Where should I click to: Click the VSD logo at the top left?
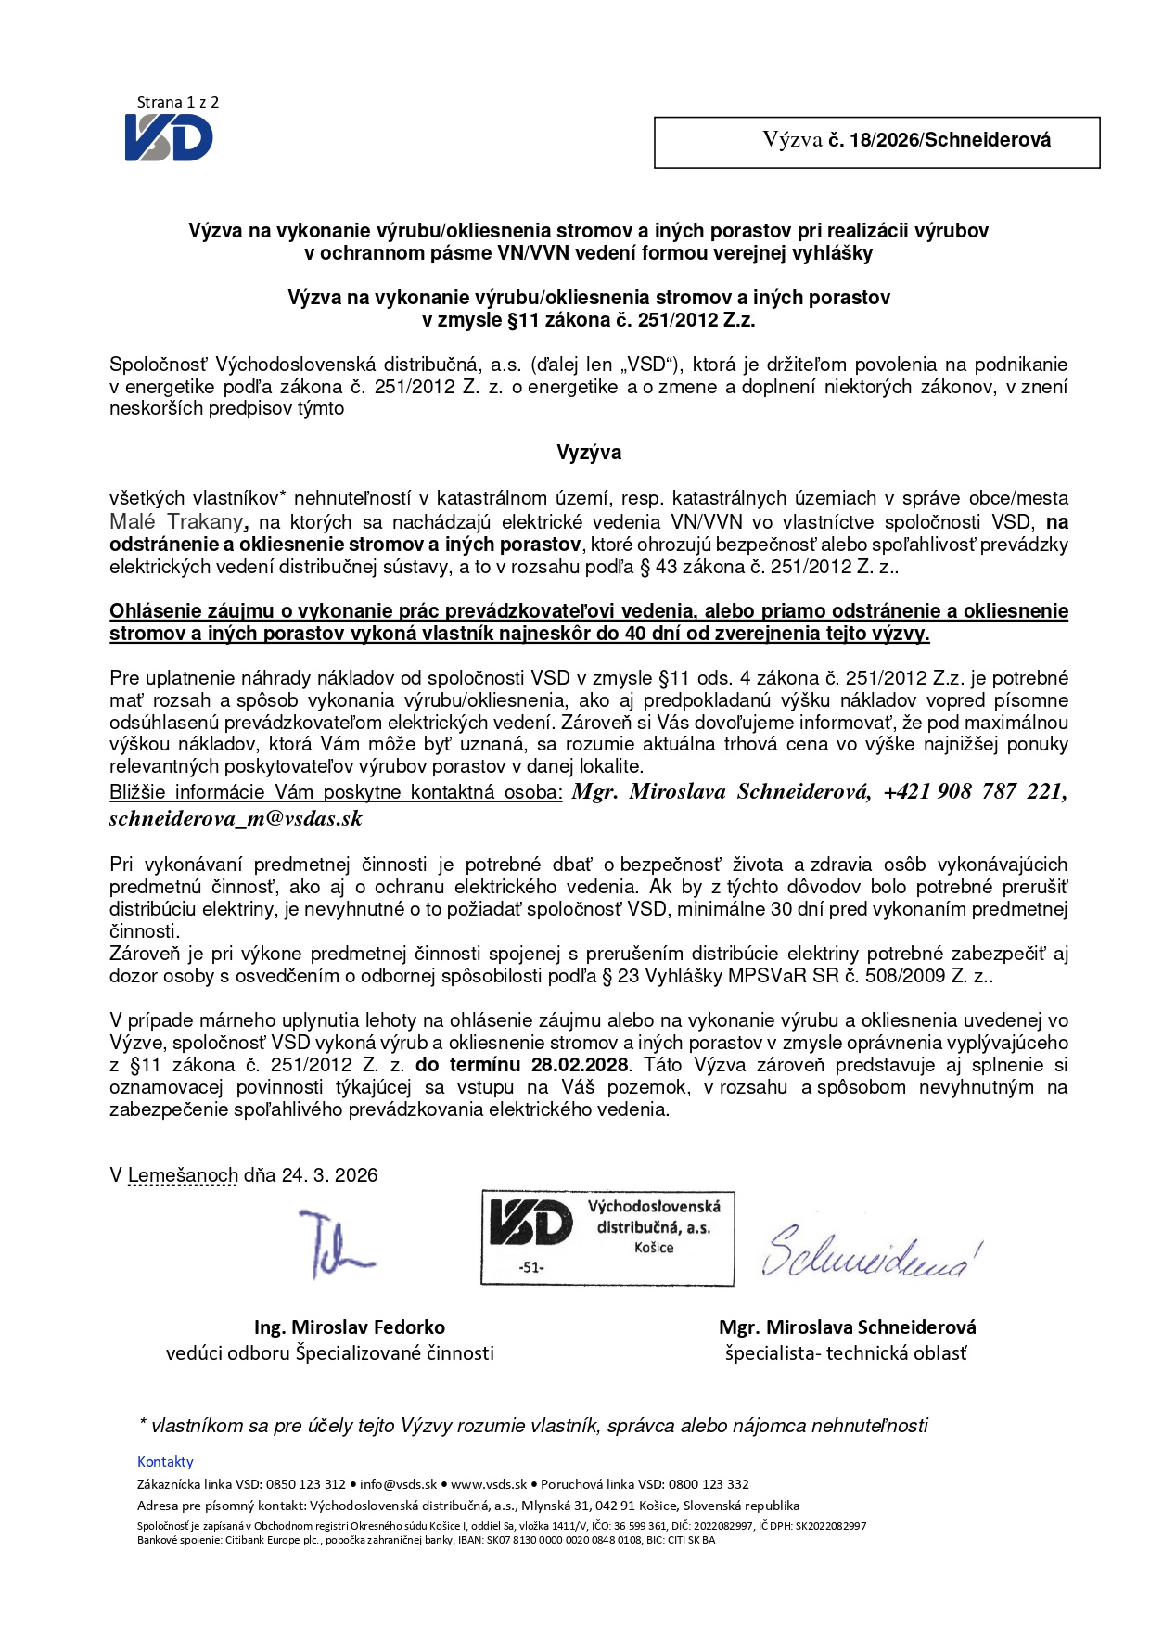(169, 138)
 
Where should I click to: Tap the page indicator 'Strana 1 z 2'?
(177, 103)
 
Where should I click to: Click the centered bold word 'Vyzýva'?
(588, 453)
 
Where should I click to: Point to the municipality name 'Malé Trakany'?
(176, 522)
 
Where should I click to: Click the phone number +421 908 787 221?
(974, 792)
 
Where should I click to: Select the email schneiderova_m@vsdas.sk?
(236, 819)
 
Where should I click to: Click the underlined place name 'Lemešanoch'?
(183, 1175)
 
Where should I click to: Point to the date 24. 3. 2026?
(329, 1175)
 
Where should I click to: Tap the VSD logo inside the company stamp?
(530, 1223)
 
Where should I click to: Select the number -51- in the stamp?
(531, 1267)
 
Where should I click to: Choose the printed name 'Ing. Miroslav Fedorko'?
(350, 1327)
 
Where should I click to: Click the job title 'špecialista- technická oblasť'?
(846, 1353)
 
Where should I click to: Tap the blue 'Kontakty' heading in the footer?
(165, 1462)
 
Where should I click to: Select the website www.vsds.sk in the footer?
(489, 1484)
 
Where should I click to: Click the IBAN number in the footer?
(564, 1540)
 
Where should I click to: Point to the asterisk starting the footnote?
(143, 1423)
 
